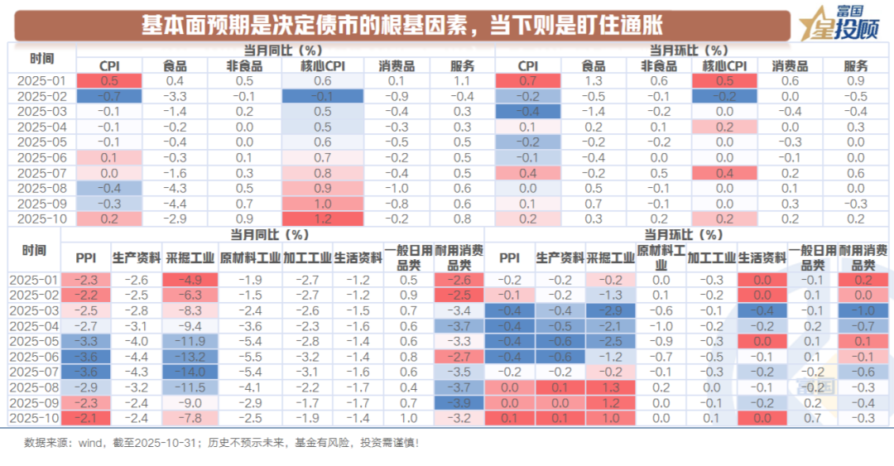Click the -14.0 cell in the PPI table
(190, 372)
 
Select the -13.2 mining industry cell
(190, 358)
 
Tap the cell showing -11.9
(190, 341)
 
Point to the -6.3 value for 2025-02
(190, 295)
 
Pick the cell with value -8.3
(190, 310)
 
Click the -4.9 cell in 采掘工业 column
(190, 280)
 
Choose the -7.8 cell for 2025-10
(190, 419)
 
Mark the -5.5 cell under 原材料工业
(251, 358)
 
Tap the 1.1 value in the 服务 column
(462, 81)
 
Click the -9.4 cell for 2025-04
(190, 326)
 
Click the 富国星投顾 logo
(837, 23)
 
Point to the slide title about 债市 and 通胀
(401, 26)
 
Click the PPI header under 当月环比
(510, 257)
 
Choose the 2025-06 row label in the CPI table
(41, 157)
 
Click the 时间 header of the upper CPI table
(41, 58)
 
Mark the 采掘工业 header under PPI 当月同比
(190, 257)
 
